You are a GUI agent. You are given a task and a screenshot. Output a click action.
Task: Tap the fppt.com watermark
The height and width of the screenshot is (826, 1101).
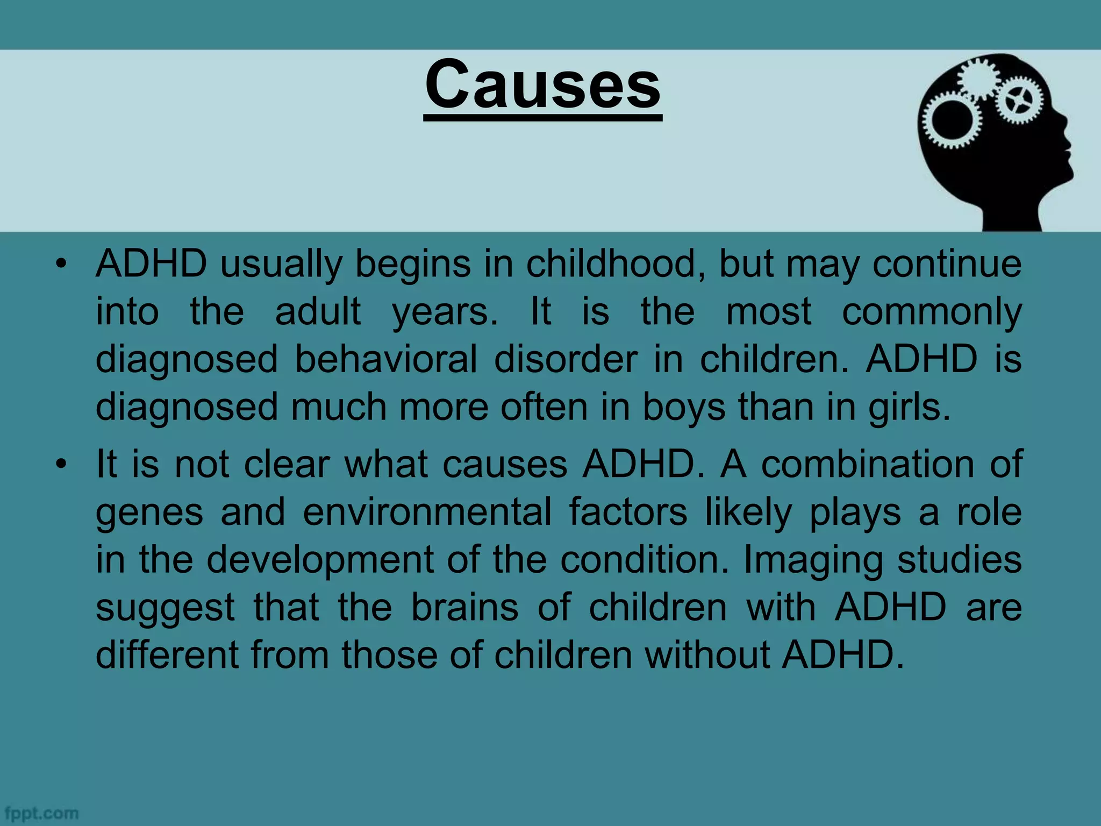point(41,813)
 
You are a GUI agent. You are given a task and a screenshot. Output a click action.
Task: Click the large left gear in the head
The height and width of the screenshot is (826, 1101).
point(950,120)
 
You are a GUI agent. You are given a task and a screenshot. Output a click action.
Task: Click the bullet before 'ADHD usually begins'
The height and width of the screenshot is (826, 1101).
point(62,264)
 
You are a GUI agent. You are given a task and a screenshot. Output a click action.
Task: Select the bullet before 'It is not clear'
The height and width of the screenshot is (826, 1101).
point(62,464)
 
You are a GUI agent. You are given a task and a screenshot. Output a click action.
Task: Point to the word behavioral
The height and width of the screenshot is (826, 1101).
point(386,359)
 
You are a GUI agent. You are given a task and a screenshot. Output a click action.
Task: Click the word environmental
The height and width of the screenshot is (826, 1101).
point(427,511)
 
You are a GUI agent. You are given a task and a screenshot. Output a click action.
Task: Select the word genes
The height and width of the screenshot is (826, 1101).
point(149,512)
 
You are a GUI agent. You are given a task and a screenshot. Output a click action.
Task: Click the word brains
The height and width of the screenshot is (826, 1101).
point(465,607)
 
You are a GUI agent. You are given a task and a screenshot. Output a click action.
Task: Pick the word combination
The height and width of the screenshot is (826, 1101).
point(867,464)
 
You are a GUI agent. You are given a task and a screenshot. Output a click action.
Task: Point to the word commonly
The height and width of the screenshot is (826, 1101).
point(932,312)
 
